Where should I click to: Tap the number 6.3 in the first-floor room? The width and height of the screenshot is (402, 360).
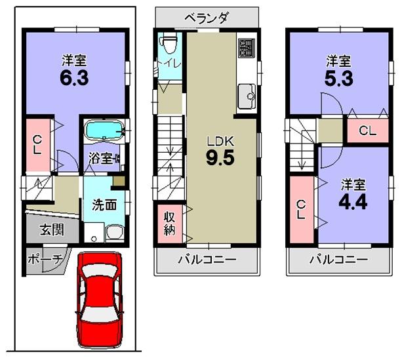tap(73, 77)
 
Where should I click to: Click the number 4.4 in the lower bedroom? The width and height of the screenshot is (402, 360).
tap(352, 200)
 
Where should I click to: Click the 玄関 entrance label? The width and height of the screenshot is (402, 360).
tap(50, 230)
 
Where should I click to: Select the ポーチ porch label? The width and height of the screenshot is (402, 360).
tap(44, 260)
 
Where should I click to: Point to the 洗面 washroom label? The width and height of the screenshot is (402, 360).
tap(104, 205)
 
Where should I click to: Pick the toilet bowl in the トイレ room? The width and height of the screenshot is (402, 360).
tap(169, 46)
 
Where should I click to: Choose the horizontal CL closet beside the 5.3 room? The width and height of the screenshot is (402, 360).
tap(367, 130)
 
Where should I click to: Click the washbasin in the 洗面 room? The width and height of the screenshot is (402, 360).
tap(115, 233)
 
